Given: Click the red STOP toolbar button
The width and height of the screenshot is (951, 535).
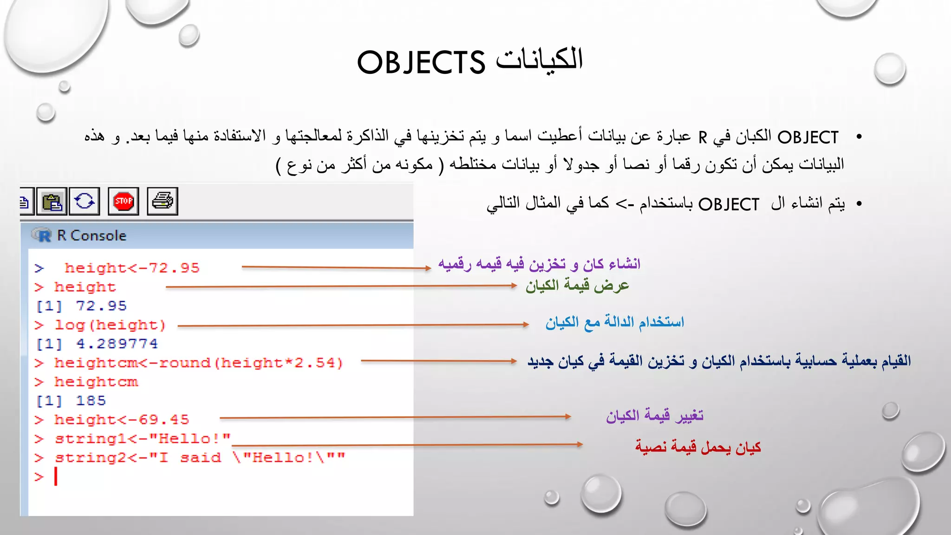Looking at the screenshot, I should (x=124, y=202).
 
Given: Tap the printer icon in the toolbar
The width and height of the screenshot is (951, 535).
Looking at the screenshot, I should (x=163, y=202).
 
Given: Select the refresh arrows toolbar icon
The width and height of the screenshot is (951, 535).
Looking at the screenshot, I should (x=85, y=202).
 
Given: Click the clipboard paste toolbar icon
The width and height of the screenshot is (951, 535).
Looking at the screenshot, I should (x=52, y=202).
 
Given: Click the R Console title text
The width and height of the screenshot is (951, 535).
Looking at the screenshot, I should (x=91, y=235).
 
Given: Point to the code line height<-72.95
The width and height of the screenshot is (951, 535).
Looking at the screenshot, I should (x=132, y=268).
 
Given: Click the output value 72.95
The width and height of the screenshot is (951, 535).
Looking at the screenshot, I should (x=101, y=306).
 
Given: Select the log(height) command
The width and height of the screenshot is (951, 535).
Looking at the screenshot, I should (x=110, y=325).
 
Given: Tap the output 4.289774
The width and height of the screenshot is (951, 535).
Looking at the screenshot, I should (x=117, y=344).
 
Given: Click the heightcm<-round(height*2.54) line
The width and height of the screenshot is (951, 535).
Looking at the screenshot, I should (x=198, y=363).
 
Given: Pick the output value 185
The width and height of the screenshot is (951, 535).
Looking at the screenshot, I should (x=91, y=401).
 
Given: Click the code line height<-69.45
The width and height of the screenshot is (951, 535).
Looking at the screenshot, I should (x=122, y=420).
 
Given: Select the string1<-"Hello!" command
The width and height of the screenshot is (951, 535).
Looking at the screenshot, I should (x=143, y=439).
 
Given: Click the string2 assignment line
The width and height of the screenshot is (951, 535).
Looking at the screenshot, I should (x=200, y=458).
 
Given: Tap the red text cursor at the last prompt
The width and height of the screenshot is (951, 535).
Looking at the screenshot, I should (x=56, y=476).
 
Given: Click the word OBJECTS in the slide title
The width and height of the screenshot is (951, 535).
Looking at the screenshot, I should (x=421, y=63).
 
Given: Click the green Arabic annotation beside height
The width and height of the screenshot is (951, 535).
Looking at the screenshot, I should (x=577, y=285).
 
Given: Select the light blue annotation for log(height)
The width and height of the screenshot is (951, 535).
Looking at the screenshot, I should (x=614, y=322).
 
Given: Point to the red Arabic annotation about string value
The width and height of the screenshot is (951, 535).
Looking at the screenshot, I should (x=698, y=447).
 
